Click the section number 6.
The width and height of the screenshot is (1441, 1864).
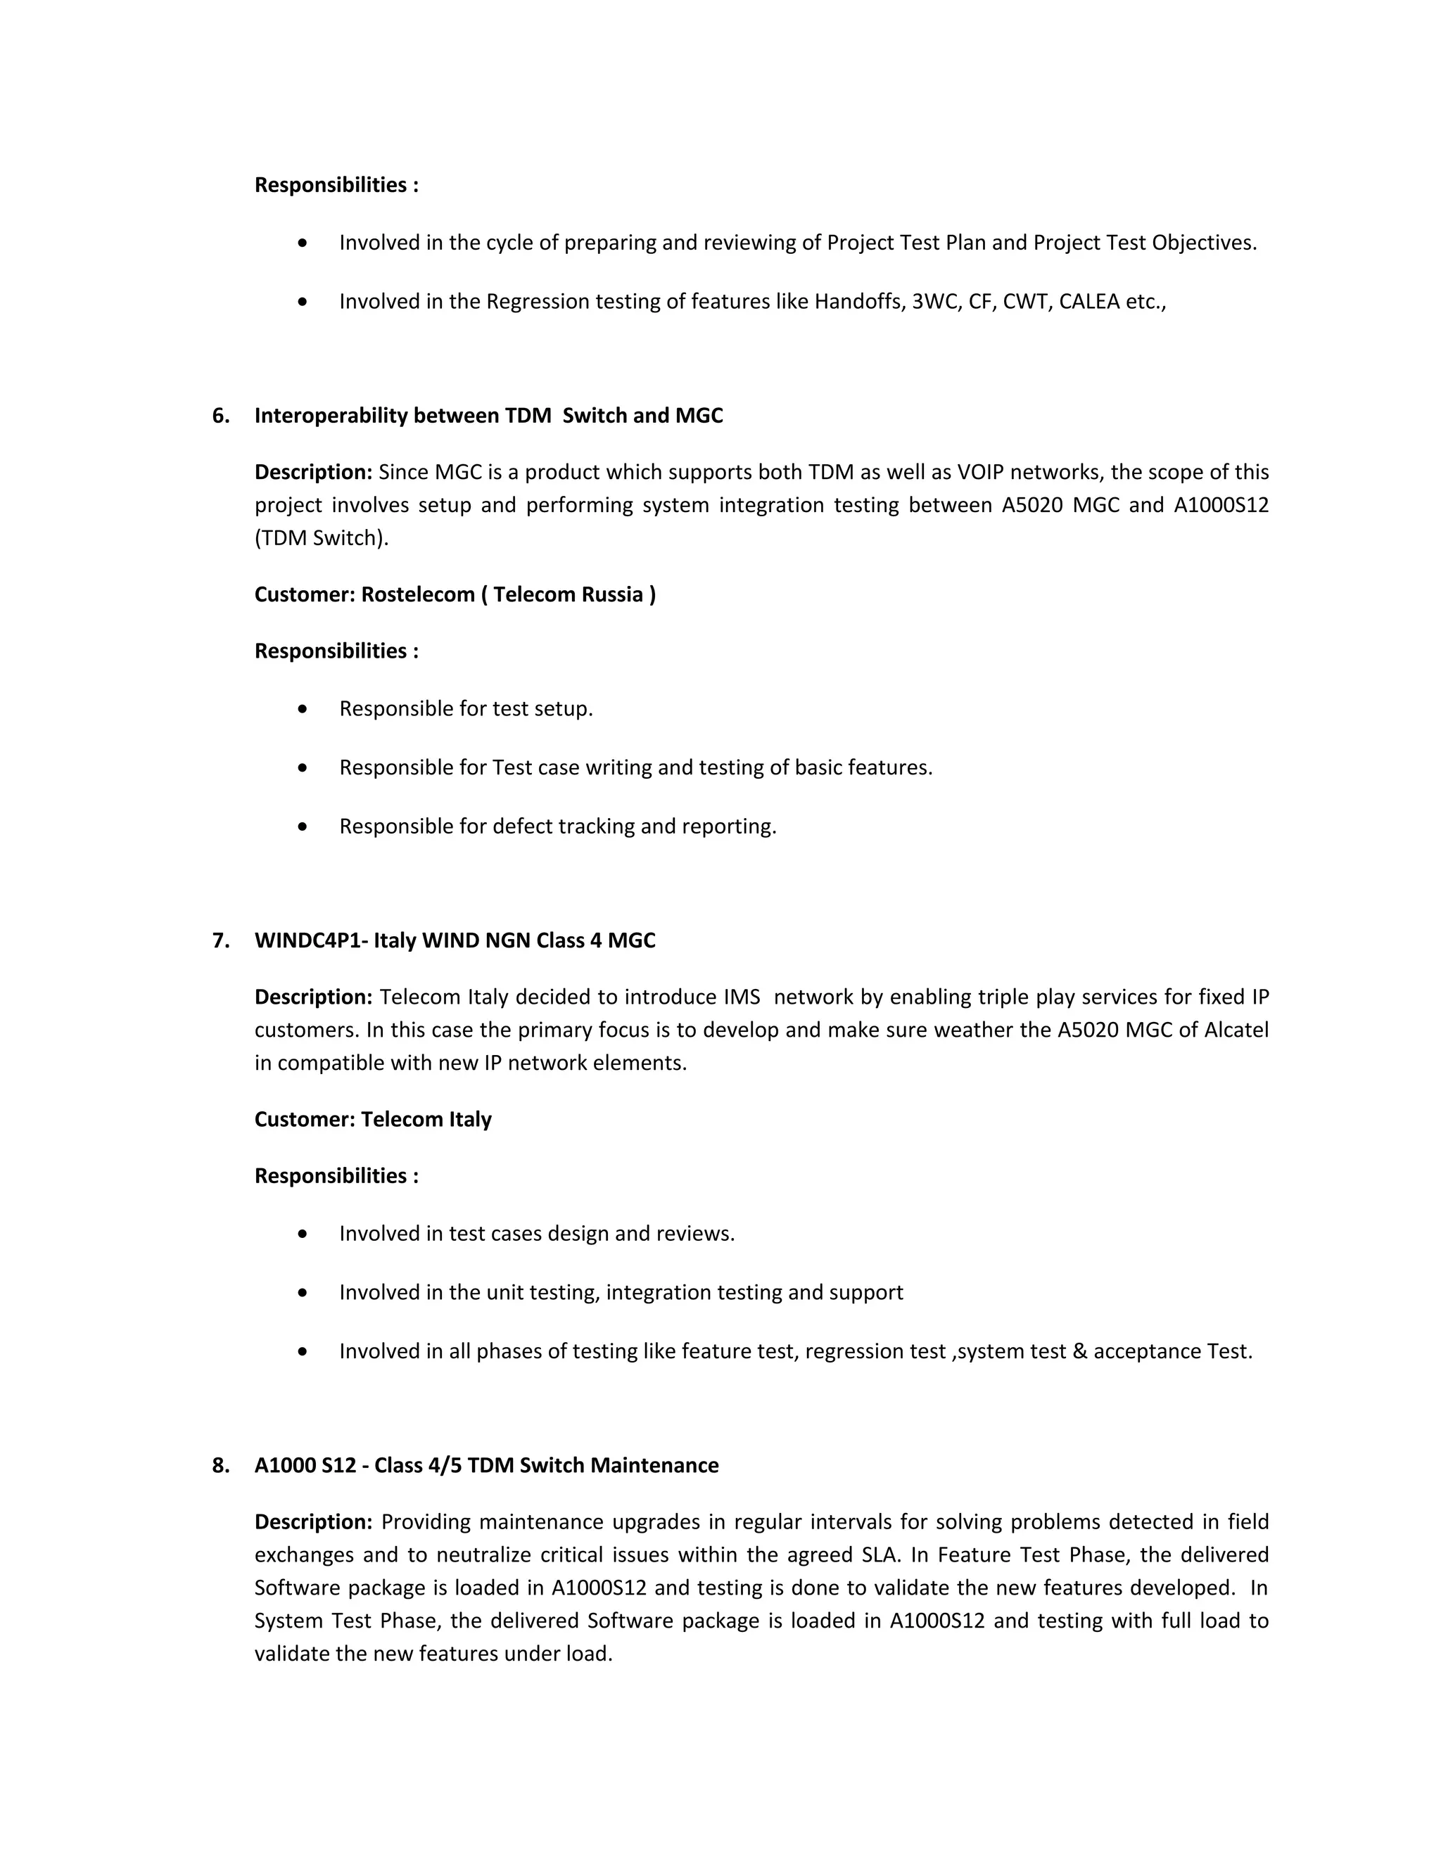pos(220,416)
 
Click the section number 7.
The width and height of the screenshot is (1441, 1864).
pos(220,940)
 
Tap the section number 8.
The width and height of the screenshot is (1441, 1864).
pos(220,1465)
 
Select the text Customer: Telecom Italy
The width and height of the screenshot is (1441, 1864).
pos(373,1119)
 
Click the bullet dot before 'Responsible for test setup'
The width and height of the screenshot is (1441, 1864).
pos(302,708)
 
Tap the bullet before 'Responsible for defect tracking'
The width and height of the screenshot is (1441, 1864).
pos(302,826)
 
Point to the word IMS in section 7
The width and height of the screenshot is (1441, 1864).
pos(742,997)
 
